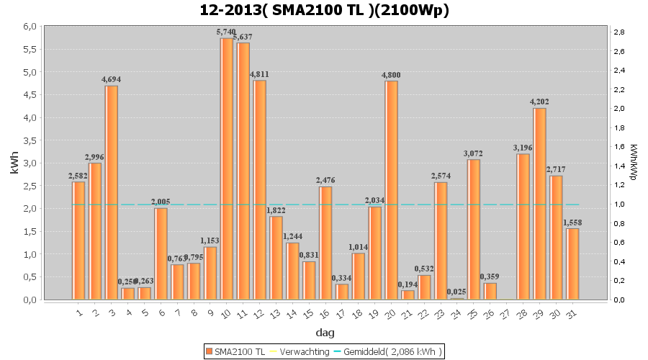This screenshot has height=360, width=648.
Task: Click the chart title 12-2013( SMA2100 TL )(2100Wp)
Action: [323, 10]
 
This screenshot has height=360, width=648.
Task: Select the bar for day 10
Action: [227, 168]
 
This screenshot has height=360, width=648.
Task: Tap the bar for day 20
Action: [392, 190]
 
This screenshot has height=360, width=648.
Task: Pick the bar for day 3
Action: [112, 192]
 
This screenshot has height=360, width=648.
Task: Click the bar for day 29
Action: [539, 204]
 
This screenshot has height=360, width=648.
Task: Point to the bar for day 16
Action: [325, 243]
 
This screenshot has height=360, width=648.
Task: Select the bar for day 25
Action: [474, 229]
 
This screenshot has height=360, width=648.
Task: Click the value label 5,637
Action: [244, 37]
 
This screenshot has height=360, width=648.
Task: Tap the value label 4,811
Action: [259, 74]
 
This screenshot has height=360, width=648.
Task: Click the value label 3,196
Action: [523, 148]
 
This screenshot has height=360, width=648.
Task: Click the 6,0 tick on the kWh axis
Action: [28, 26]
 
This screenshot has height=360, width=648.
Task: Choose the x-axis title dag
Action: [324, 333]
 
